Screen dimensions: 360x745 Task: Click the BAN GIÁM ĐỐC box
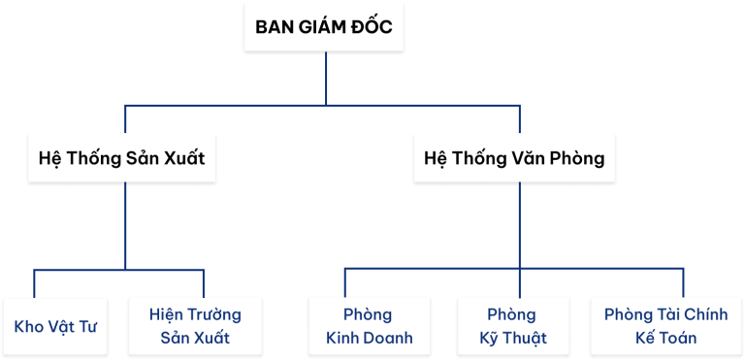point(324,26)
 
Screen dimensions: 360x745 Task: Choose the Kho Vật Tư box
point(55,325)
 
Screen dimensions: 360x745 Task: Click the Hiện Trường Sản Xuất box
point(195,325)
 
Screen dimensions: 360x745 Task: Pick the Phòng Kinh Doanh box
point(368,325)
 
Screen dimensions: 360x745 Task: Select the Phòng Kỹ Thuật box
point(513,325)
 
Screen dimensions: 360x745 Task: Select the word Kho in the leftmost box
point(28,325)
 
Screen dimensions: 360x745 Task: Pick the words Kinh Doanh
point(370,338)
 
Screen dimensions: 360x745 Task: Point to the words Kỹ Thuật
point(513,338)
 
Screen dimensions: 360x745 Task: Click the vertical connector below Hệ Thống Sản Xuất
point(126,223)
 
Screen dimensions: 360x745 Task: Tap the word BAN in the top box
point(275,26)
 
